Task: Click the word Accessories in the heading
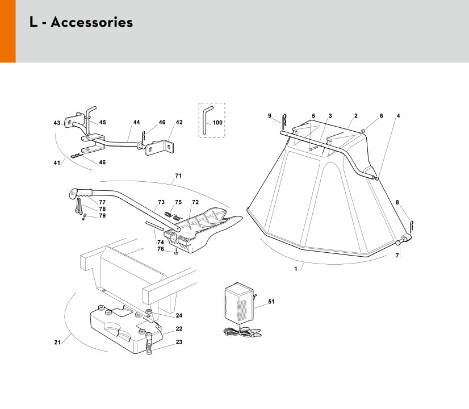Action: [92, 22]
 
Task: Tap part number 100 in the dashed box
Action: [217, 122]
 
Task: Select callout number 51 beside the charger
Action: [271, 301]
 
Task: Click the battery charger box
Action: [239, 303]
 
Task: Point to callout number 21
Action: [57, 343]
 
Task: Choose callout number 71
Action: [178, 176]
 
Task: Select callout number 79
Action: [102, 215]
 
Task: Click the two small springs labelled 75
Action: [174, 215]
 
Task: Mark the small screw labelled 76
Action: [176, 251]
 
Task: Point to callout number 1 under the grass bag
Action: [295, 269]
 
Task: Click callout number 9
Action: [270, 116]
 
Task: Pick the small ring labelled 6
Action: [363, 131]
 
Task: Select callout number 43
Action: [57, 123]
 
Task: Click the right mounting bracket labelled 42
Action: [160, 148]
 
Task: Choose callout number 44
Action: [136, 122]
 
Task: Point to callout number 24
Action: [179, 315]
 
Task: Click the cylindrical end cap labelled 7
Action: [398, 243]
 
